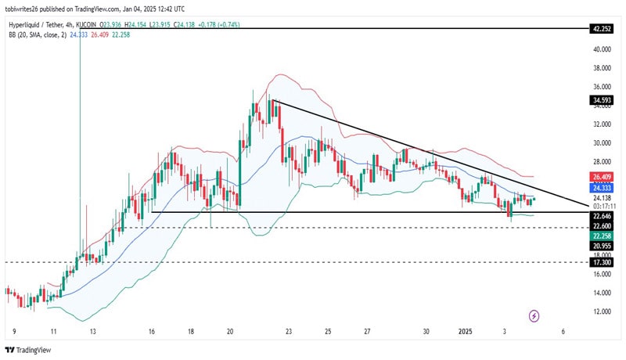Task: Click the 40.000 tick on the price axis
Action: pyautogui.click(x=601, y=49)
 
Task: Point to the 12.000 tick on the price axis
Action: pyautogui.click(x=601, y=311)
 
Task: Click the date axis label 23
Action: pyautogui.click(x=289, y=332)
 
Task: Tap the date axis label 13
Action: pyautogui.click(x=92, y=332)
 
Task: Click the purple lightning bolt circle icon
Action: pyautogui.click(x=534, y=315)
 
